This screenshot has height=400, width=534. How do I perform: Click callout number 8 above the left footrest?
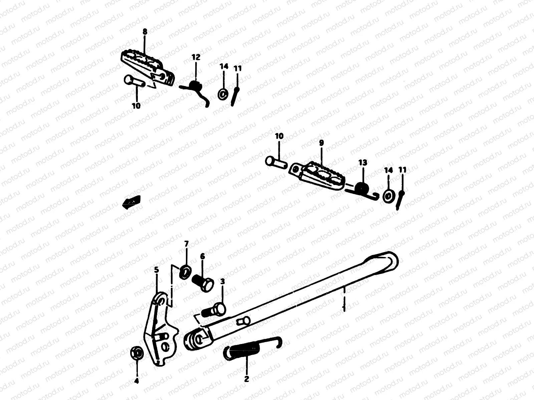tap(145, 32)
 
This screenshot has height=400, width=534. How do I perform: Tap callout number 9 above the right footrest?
tap(321, 143)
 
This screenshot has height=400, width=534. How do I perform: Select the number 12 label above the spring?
tap(196, 57)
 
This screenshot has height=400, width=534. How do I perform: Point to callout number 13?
tap(363, 163)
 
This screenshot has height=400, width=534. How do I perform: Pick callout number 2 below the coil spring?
tap(247, 379)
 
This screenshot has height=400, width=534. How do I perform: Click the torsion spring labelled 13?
tap(361, 189)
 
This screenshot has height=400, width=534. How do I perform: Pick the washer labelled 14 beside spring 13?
tap(388, 196)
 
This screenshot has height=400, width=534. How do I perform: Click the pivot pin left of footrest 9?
tap(276, 161)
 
